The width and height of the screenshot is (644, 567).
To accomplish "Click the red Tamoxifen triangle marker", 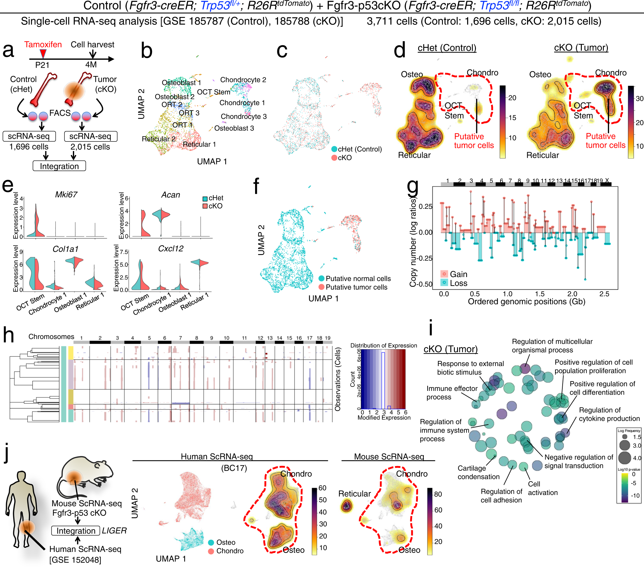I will [x=43, y=53].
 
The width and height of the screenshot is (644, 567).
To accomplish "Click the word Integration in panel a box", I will [x=59, y=166].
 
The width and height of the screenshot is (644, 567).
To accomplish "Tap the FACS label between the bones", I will [x=60, y=113].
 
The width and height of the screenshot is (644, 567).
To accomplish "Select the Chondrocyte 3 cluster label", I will [x=243, y=116].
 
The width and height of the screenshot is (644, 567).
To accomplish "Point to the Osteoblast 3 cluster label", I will [x=234, y=128].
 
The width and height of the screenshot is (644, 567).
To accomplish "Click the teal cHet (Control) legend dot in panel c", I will [x=334, y=149].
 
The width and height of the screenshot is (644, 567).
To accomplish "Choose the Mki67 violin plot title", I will [x=66, y=195].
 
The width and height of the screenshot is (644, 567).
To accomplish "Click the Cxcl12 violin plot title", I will [x=171, y=248].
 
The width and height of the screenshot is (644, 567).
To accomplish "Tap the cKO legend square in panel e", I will [x=205, y=206].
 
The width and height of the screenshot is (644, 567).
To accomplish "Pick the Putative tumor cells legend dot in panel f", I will [x=321, y=287].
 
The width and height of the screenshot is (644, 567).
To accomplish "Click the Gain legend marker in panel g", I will [x=444, y=274].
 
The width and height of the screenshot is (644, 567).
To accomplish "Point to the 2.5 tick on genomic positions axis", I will [x=604, y=294].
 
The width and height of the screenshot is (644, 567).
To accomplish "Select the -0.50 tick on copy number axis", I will [x=425, y=284].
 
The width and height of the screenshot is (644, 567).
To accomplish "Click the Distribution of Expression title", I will [x=384, y=345].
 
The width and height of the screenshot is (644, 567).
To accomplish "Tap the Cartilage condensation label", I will [x=478, y=472].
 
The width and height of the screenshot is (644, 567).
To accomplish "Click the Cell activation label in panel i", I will [x=542, y=488].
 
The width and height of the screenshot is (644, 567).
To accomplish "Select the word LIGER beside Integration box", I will [x=114, y=531].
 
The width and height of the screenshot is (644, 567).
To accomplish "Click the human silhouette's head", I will [x=21, y=476].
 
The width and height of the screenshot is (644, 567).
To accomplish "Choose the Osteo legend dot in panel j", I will [x=211, y=542].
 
